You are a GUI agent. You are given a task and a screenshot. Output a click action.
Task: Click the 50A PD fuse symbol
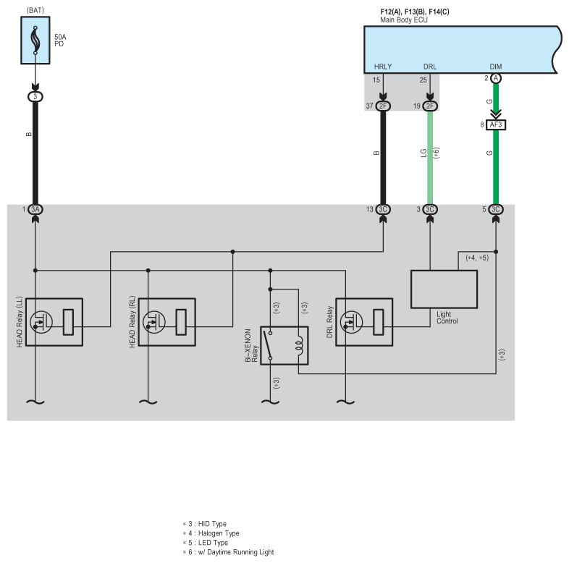(35, 41)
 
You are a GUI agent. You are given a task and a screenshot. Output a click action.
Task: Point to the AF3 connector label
(496, 124)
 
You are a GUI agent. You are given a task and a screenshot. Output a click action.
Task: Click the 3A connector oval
(35, 209)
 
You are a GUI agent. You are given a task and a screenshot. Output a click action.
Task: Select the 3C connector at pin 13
(383, 209)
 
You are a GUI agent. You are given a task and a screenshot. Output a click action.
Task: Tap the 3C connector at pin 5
(496, 209)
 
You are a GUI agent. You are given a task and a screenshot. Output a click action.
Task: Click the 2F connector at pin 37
(383, 106)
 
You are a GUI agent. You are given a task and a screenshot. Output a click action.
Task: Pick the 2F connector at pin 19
(430, 106)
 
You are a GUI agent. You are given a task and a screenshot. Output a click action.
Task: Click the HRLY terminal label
(383, 67)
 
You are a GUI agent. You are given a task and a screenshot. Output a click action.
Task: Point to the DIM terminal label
(496, 67)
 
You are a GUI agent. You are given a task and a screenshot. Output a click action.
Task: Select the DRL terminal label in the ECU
(430, 67)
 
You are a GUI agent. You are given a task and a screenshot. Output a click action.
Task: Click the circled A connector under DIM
(496, 78)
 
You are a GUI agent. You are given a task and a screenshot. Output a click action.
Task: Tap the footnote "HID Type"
(212, 524)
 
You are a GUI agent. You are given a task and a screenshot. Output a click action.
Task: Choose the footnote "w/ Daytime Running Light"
(236, 552)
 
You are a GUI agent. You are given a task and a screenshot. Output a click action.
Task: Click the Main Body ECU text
(404, 20)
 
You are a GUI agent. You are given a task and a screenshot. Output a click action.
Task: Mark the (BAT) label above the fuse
(35, 10)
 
